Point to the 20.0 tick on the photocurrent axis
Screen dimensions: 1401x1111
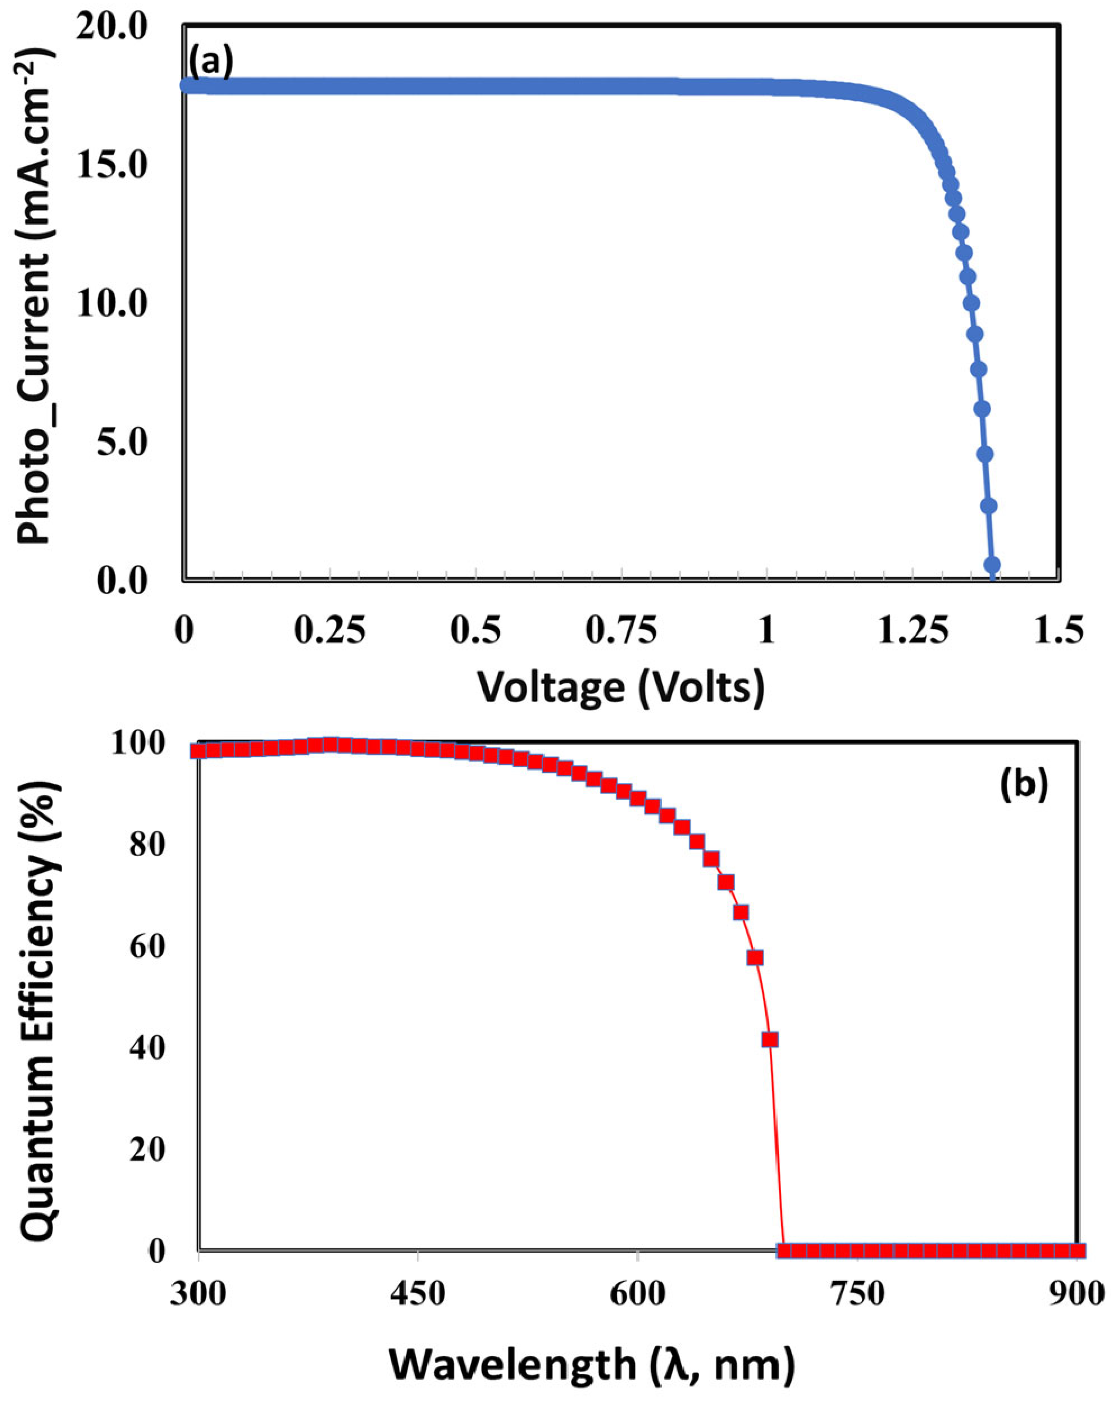tap(121, 29)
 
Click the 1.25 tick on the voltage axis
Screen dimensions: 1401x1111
tap(912, 630)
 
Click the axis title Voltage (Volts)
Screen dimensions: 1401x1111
tap(621, 686)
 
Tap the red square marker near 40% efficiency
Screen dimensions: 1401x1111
tap(770, 1040)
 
